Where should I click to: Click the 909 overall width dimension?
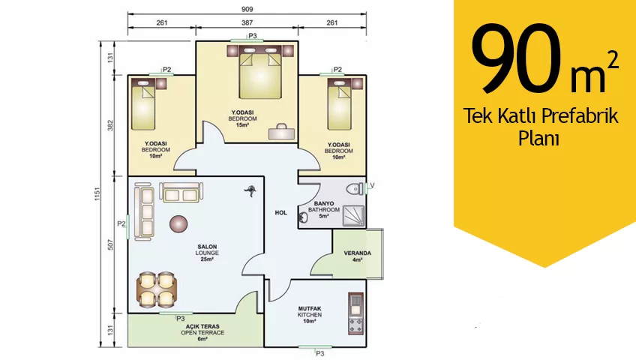pyautogui.click(x=247, y=9)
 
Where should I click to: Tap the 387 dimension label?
pyautogui.click(x=247, y=22)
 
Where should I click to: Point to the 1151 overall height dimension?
pyautogui.click(x=97, y=193)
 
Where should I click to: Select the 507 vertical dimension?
pyautogui.click(x=111, y=244)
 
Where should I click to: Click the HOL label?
pyautogui.click(x=281, y=212)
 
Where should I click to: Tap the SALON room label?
pyautogui.click(x=207, y=247)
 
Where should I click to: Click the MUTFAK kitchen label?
pyautogui.click(x=310, y=308)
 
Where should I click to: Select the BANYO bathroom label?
pyautogui.click(x=324, y=203)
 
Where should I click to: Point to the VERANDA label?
pyautogui.click(x=357, y=253)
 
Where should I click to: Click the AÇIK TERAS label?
pyautogui.click(x=202, y=326)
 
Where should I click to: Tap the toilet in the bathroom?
pyautogui.click(x=355, y=188)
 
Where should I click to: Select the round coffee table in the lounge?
pyautogui.click(x=178, y=223)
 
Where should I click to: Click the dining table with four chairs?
pyautogui.click(x=157, y=289)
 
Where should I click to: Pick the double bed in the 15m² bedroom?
pyautogui.click(x=260, y=72)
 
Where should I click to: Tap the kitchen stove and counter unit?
pyautogui.click(x=355, y=313)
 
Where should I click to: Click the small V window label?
pyautogui.click(x=372, y=185)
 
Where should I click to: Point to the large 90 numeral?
pyautogui.click(x=516, y=58)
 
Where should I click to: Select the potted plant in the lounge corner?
pyautogui.click(x=250, y=190)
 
